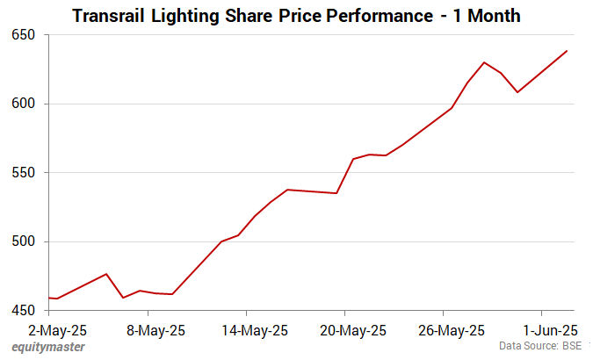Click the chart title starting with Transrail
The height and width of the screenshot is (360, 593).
click(x=295, y=16)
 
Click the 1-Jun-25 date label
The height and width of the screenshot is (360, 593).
click(x=551, y=330)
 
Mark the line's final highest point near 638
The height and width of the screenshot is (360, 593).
click(x=567, y=51)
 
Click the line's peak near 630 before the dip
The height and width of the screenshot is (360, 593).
click(x=484, y=62)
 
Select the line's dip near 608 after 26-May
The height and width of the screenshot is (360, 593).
click(x=517, y=92)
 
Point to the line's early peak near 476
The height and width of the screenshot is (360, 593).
click(x=106, y=274)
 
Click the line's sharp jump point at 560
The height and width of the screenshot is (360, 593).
click(x=353, y=159)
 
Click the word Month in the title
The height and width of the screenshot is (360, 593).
click(x=488, y=16)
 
